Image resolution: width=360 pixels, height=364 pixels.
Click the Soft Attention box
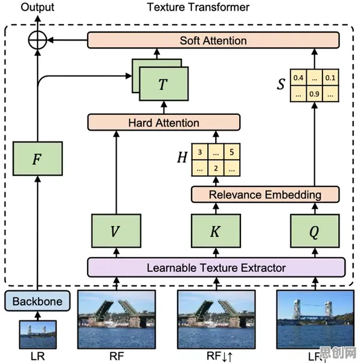pyautogui.click(x=213, y=40)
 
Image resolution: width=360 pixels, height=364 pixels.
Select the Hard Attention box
pyautogui.click(x=164, y=122)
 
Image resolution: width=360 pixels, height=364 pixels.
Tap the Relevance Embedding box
pyautogui.click(x=265, y=194)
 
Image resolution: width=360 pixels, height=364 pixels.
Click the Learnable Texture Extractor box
pyautogui.click(x=216, y=267)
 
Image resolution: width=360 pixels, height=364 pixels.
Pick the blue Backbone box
pyautogui.click(x=37, y=301)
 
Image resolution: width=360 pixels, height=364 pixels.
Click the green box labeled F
pyautogui.click(x=37, y=158)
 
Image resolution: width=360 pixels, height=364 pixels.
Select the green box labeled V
pyautogui.click(x=116, y=231)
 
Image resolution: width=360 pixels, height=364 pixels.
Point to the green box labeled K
pyautogui.click(x=216, y=231)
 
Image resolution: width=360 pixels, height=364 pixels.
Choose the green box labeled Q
pyautogui.click(x=315, y=231)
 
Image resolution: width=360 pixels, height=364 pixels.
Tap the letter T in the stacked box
pyautogui.click(x=163, y=84)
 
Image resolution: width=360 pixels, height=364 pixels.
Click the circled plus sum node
pyautogui.click(x=37, y=40)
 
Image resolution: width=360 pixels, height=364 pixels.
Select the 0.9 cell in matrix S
pyautogui.click(x=314, y=94)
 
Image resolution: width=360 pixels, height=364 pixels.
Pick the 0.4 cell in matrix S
pyautogui.click(x=298, y=77)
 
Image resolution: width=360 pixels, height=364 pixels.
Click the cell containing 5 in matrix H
pyautogui.click(x=232, y=152)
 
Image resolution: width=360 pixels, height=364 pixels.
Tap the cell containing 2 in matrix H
pyautogui.click(x=216, y=168)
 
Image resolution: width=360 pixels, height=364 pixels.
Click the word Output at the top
pyautogui.click(x=37, y=7)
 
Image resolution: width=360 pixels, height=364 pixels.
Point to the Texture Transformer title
pyautogui.click(x=198, y=7)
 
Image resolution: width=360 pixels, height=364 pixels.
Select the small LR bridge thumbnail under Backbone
pyautogui.click(x=37, y=334)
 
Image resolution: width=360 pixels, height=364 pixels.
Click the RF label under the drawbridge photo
pyautogui.click(x=117, y=356)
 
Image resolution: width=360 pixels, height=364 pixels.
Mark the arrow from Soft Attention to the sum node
pyautogui.click(x=67, y=40)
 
